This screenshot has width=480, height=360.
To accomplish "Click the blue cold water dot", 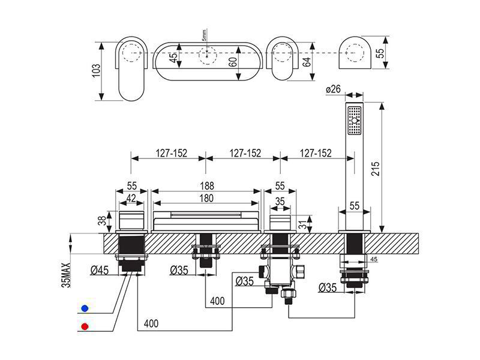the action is (x=85, y=308).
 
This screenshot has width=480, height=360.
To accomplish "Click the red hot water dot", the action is (x=85, y=326).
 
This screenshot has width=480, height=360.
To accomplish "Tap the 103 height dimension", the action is (x=96, y=71).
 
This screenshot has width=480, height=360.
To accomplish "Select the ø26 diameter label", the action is (x=334, y=89).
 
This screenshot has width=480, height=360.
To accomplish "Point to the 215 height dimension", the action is (x=376, y=168).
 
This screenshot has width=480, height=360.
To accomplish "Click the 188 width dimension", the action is (x=207, y=185).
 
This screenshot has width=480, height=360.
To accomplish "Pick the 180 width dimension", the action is (x=206, y=198).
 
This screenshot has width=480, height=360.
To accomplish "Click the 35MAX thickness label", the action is (x=67, y=275).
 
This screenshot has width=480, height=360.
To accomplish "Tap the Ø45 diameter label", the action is (x=100, y=270).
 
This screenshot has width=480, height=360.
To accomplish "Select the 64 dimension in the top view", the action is (x=307, y=62).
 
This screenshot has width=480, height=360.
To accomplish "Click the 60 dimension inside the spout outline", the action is (x=233, y=63).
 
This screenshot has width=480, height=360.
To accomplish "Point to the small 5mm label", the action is (x=205, y=35).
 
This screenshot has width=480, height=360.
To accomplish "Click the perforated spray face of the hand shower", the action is (x=355, y=120).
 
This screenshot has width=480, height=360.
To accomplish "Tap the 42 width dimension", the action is (x=131, y=199).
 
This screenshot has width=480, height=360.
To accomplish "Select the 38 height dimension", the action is (x=103, y=220).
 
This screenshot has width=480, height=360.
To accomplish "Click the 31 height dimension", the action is (x=302, y=225).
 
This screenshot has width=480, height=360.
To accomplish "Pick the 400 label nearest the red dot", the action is (x=151, y=323).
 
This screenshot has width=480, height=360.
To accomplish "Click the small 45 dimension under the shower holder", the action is (x=374, y=259).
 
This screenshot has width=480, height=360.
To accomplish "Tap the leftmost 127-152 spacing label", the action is (x=172, y=153).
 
